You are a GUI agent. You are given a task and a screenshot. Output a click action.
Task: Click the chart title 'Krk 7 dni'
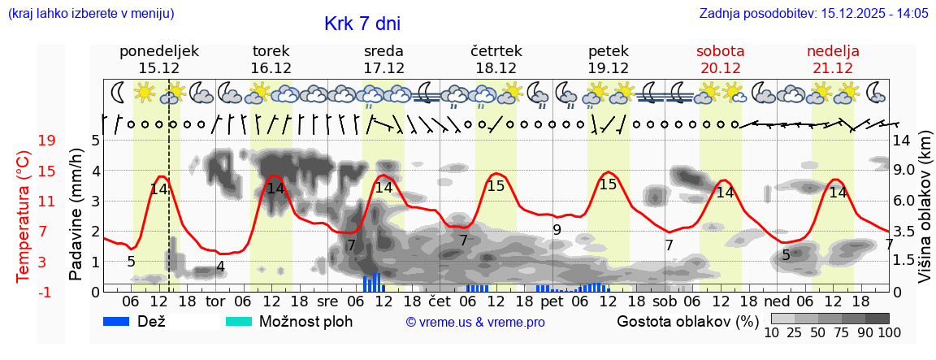click(362, 24)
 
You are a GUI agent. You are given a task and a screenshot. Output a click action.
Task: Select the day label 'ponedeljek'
click(159, 51)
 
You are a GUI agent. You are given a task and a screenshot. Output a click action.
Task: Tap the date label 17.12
click(384, 68)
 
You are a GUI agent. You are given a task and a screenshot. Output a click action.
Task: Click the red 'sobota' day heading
click(720, 51)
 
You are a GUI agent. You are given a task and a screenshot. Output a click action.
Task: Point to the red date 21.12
click(833, 68)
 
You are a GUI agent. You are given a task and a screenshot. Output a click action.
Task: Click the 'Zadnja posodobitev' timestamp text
click(813, 13)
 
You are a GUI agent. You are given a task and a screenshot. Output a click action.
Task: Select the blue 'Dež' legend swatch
click(122, 321)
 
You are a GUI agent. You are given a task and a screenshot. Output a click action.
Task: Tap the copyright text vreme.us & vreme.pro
click(475, 323)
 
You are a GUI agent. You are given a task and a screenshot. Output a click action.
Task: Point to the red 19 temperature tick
click(46, 141)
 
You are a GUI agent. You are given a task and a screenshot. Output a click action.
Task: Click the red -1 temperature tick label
click(46, 292)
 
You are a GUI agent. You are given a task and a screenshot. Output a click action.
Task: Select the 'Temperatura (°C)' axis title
click(23, 217)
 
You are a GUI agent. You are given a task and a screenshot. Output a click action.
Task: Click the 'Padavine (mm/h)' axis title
click(76, 215)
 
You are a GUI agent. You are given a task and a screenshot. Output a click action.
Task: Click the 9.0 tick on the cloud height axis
click(904, 171)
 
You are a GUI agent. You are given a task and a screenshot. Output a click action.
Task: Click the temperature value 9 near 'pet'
click(557, 230)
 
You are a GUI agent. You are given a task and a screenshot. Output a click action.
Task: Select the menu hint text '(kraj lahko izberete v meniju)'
click(91, 13)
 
